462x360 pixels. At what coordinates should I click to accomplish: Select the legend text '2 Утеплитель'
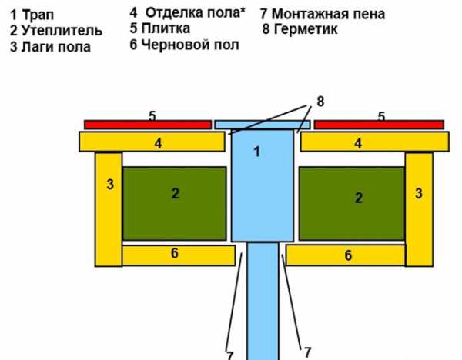tap(55, 31)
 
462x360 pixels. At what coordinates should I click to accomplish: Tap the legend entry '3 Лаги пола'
tap(50, 47)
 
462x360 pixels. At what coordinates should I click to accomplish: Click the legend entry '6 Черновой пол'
tap(185, 45)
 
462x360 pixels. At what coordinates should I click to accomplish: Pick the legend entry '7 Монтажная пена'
tap(323, 14)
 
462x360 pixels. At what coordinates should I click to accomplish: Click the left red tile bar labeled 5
tap(147, 124)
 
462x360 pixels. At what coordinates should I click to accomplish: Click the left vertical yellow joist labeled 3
tap(109, 208)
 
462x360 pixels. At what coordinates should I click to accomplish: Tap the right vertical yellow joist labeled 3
tap(419, 208)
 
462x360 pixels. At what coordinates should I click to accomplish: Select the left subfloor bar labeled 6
tap(178, 255)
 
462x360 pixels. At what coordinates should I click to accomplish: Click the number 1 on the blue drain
tap(257, 152)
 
